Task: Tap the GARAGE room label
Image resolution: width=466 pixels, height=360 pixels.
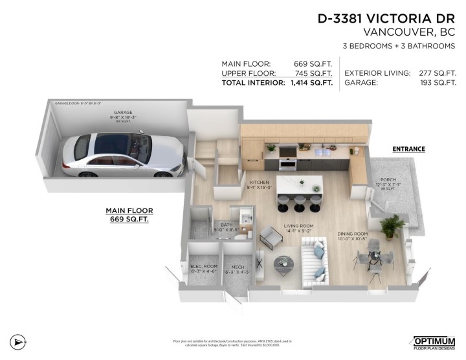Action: (122, 112)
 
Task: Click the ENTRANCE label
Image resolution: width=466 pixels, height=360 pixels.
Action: (408, 149)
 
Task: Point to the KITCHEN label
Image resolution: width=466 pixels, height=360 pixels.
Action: (258, 183)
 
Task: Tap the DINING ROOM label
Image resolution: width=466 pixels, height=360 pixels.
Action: (352, 234)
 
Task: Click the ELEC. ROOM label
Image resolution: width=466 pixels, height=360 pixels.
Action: (203, 267)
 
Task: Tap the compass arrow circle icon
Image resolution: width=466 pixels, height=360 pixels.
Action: (19, 341)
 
